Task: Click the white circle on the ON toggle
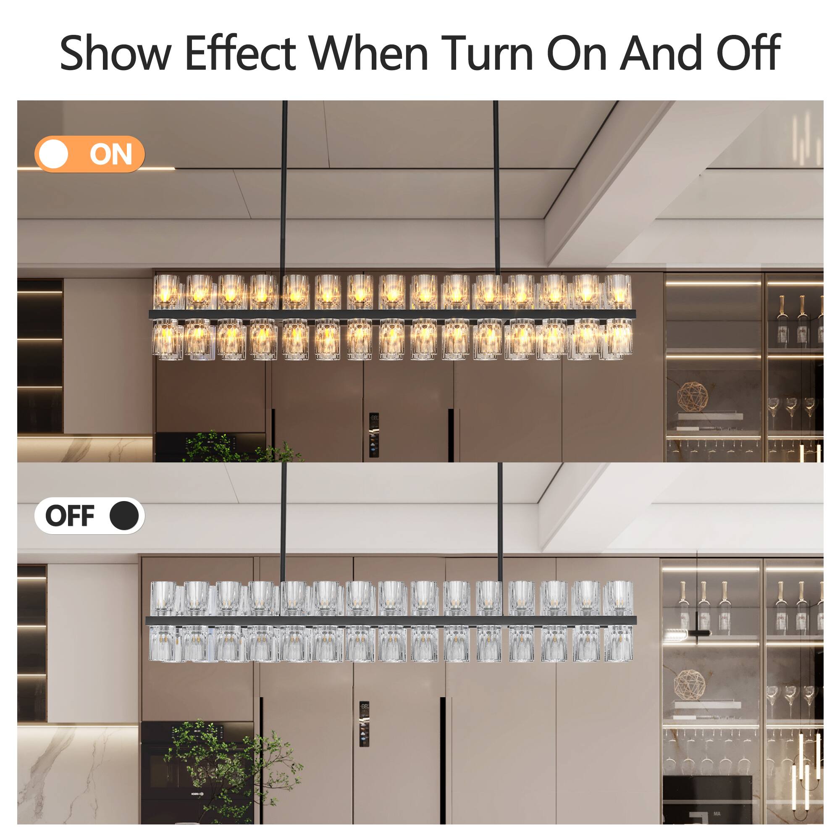53,154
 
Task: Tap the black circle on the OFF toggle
124,516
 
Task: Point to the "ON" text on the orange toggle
111,154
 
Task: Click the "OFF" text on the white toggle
70,516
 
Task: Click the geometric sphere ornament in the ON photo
692,396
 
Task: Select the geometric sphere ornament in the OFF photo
689,686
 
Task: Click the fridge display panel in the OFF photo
364,724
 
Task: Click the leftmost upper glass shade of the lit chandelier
166,291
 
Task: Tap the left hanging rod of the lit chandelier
284,187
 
